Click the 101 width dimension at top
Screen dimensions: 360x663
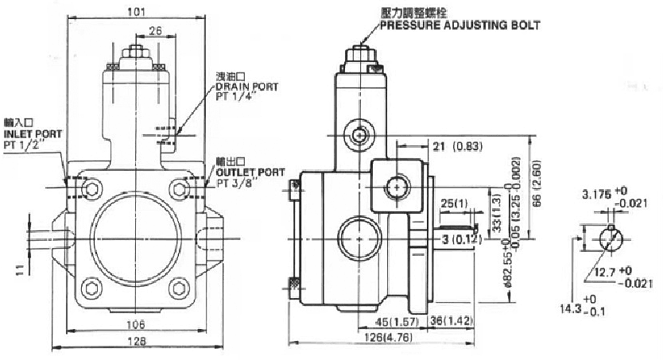click(139, 12)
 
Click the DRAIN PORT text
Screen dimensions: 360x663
click(247, 87)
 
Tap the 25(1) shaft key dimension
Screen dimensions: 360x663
click(455, 204)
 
